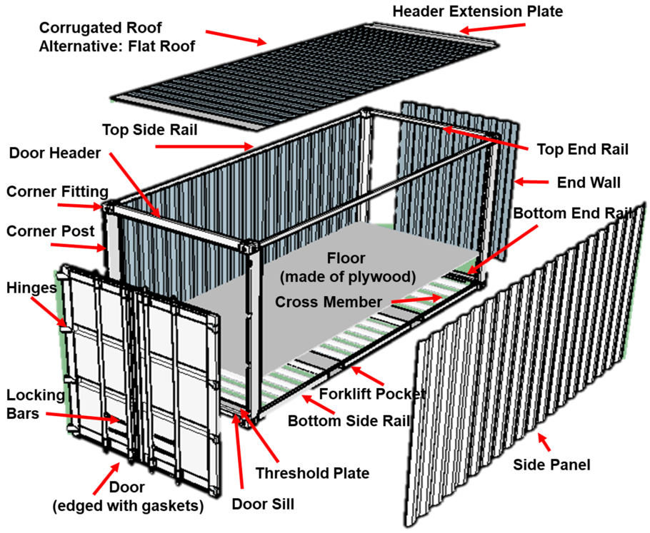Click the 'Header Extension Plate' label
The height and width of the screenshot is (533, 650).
(x=478, y=11)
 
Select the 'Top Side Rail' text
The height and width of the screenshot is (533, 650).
(x=149, y=130)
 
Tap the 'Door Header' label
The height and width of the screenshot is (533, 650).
(x=56, y=153)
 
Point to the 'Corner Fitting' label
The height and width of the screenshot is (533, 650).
(x=57, y=191)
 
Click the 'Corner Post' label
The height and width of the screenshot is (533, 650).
(x=50, y=231)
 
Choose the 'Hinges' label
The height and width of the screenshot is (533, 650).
(x=32, y=287)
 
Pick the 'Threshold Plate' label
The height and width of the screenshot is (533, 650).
(x=312, y=472)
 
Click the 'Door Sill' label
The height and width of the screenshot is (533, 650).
(x=263, y=504)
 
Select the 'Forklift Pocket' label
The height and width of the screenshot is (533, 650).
(x=372, y=393)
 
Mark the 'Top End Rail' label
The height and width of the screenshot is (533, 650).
(x=583, y=149)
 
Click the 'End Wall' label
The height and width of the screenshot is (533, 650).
(x=589, y=183)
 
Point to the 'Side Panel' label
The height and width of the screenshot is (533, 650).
(x=552, y=465)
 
